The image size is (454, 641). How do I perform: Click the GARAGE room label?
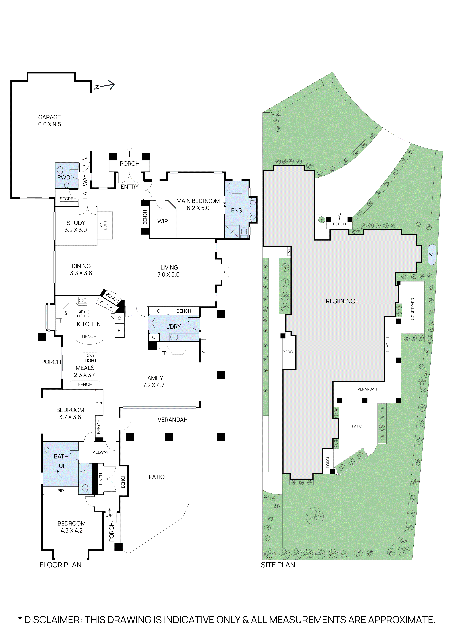(49, 117)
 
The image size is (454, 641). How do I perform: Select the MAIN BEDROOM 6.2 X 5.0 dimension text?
(198, 208)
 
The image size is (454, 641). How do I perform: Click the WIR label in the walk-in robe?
(163, 221)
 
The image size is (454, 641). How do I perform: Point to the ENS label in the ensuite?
(237, 210)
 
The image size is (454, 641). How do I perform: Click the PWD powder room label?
(64, 178)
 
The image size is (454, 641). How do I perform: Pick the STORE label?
(67, 199)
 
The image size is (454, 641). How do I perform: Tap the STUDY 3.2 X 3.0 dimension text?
(76, 230)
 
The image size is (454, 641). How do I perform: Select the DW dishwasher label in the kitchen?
(66, 314)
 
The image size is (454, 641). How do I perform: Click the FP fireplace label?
(164, 353)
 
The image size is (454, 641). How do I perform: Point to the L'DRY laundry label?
(174, 327)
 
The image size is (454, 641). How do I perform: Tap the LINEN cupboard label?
(101, 479)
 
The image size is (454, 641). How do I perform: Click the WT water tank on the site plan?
(432, 255)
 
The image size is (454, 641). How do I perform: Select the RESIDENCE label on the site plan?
(342, 301)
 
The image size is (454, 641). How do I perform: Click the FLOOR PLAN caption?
(61, 565)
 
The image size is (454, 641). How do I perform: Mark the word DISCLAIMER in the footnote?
(52, 620)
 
